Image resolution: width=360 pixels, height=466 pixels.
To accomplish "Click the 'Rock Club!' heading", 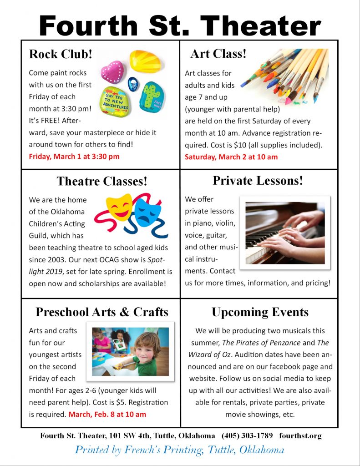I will click(61, 55).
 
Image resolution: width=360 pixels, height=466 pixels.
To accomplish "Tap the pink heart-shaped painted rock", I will click(112, 72).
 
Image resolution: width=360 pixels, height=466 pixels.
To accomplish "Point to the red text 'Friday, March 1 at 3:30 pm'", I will click(74, 157).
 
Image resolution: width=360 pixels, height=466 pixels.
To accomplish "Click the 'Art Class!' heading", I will click(218, 54).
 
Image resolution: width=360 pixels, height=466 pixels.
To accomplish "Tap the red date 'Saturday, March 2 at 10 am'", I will click(231, 157).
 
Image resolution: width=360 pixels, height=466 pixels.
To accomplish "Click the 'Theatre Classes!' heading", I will click(102, 181).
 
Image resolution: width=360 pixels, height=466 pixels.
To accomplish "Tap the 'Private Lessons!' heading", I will click(258, 180).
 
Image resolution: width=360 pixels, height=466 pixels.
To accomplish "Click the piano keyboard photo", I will click(285, 232).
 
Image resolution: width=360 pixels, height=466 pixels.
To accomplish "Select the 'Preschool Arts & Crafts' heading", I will click(102, 312).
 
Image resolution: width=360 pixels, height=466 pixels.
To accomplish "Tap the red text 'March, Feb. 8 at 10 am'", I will click(107, 414).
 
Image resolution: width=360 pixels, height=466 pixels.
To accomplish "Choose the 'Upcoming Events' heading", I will click(260, 312).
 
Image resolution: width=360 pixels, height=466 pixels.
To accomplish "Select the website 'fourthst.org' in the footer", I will click(300, 436).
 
